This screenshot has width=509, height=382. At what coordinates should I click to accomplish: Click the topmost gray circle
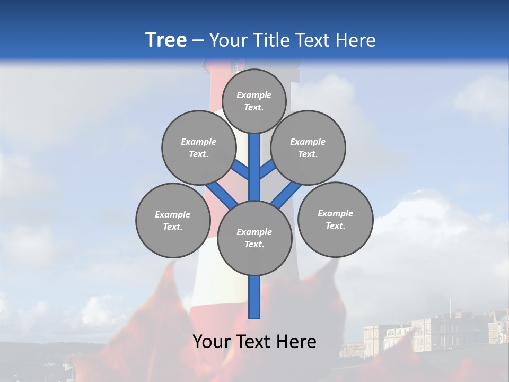(254, 101)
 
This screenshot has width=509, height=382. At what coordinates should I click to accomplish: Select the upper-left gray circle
(199, 147)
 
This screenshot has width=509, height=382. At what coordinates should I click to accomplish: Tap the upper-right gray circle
(308, 147)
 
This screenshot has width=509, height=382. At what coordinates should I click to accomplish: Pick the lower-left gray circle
(173, 220)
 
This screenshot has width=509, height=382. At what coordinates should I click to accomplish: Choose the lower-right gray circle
(335, 219)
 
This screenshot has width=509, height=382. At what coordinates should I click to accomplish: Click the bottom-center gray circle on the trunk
(254, 238)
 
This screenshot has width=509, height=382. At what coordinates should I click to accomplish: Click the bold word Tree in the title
(166, 40)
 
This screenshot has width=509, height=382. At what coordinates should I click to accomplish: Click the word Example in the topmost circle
(254, 95)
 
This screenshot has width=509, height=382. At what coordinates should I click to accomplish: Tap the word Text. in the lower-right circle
(335, 225)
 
